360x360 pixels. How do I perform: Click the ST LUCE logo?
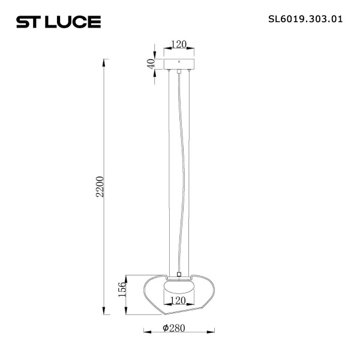[x=58, y=22]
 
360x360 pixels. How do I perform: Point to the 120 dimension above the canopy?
[x=179, y=44]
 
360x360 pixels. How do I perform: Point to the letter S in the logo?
[x=22, y=23]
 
